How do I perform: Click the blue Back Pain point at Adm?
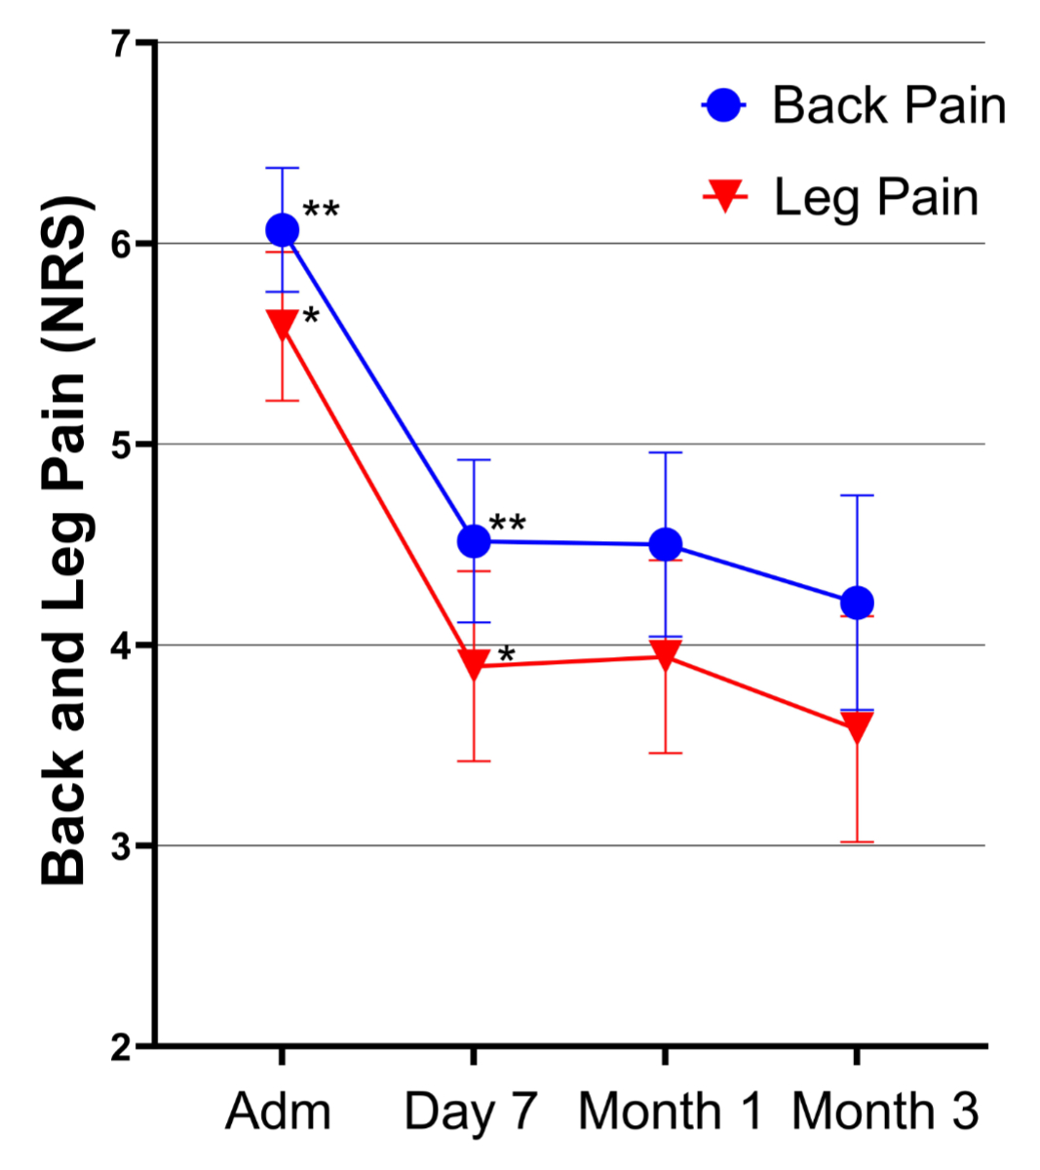click(282, 230)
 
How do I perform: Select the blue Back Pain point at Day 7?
click(474, 540)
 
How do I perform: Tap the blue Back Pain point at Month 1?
click(665, 544)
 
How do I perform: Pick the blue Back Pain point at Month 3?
click(857, 603)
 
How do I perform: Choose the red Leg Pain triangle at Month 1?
click(665, 656)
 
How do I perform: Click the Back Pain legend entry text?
click(888, 105)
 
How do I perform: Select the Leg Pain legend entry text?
click(875, 198)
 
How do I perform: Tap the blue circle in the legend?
click(723, 104)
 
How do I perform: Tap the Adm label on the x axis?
click(278, 1111)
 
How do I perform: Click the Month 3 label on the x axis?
click(884, 1111)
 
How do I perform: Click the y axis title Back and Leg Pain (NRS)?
click(65, 541)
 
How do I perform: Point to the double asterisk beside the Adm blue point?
click(321, 210)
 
